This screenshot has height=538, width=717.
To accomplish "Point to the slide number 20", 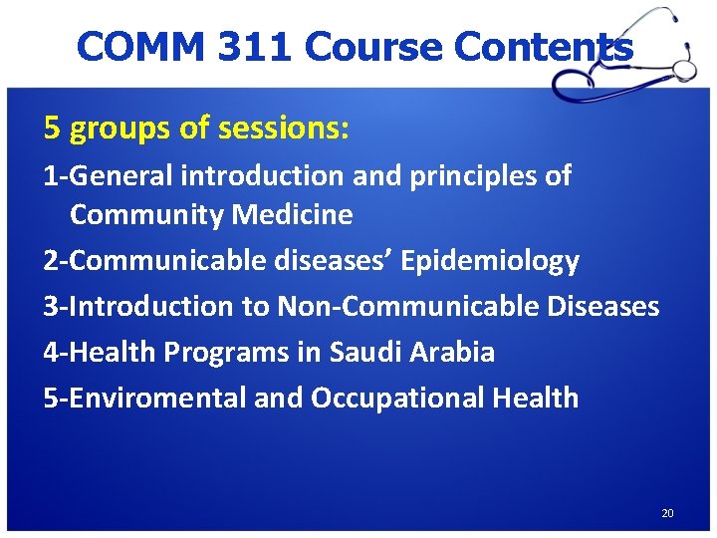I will [x=667, y=513].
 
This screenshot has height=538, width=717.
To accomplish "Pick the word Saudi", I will [x=364, y=352].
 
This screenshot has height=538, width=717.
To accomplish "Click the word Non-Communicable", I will [x=409, y=306].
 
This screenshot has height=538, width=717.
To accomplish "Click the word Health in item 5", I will [x=535, y=398].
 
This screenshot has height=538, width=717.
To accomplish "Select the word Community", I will [x=146, y=214].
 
